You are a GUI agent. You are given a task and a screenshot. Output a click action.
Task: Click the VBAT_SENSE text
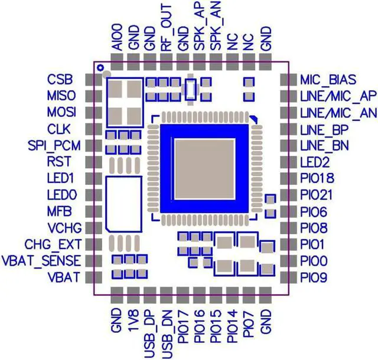41,260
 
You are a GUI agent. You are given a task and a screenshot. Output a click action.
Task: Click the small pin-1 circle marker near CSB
100,68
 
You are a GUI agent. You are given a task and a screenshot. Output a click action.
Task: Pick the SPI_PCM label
54,145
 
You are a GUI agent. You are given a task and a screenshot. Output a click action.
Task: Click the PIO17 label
183,330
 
